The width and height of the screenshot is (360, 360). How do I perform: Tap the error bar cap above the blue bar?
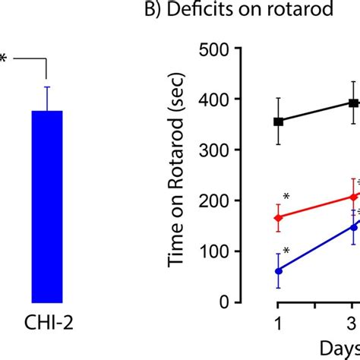click(x=47, y=87)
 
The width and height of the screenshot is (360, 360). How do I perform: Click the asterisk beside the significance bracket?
click(x=3, y=58)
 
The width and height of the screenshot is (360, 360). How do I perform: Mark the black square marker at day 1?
click(x=278, y=121)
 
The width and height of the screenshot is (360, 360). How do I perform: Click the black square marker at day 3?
click(x=353, y=103)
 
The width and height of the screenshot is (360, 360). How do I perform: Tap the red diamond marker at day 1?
click(x=278, y=218)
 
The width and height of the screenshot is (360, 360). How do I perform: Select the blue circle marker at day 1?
click(x=278, y=270)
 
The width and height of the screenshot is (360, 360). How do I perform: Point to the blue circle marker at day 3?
click(x=353, y=226)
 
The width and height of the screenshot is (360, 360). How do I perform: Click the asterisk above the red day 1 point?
click(x=286, y=197)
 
